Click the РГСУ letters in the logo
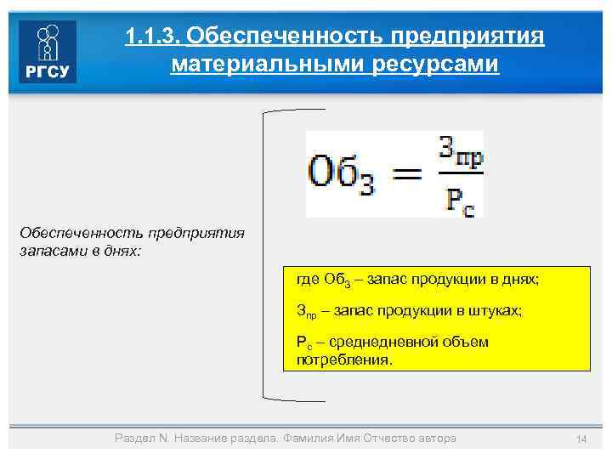(x=48, y=71)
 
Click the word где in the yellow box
(x=306, y=280)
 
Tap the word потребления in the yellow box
(x=343, y=360)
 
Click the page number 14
(x=581, y=439)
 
